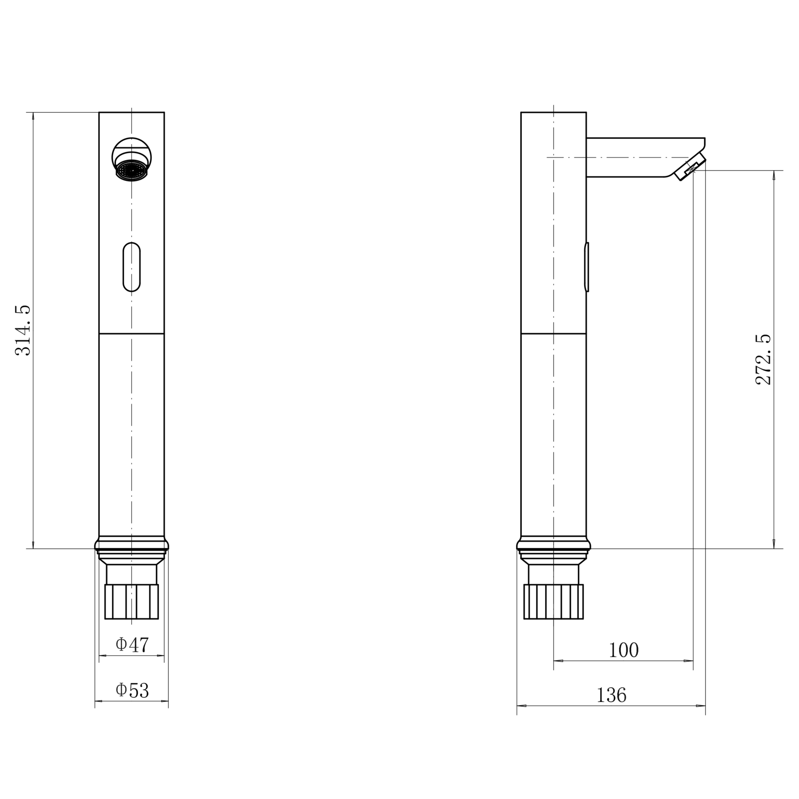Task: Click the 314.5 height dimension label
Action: [23, 330]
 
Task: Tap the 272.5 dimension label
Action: [764, 359]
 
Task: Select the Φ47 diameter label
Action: [132, 645]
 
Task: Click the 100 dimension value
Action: [624, 650]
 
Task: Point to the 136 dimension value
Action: [612, 696]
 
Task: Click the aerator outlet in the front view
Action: [132, 170]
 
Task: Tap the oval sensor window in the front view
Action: [132, 267]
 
